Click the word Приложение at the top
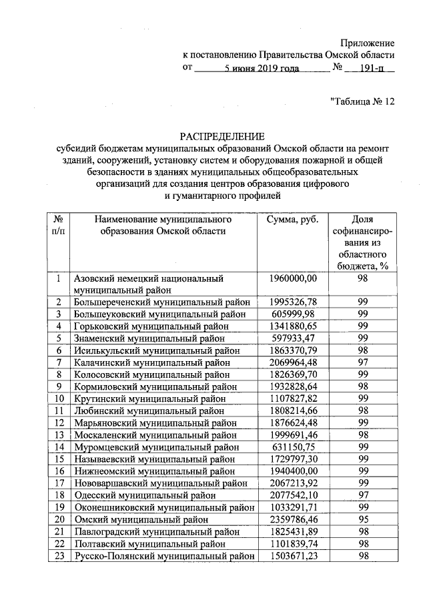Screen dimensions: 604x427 pos(368,43)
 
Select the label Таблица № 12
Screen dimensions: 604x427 pos(363,102)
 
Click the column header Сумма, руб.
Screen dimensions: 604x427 pos(292,220)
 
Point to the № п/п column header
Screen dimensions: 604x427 pos(59,226)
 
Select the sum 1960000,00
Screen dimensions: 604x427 pos(298,278)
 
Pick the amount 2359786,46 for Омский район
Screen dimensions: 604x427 pos(298,518)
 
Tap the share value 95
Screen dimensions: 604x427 pos(363,518)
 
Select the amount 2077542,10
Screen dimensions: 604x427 pos(298,494)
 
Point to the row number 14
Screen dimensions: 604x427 pos(59,446)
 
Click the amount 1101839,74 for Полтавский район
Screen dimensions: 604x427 pos(298,542)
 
